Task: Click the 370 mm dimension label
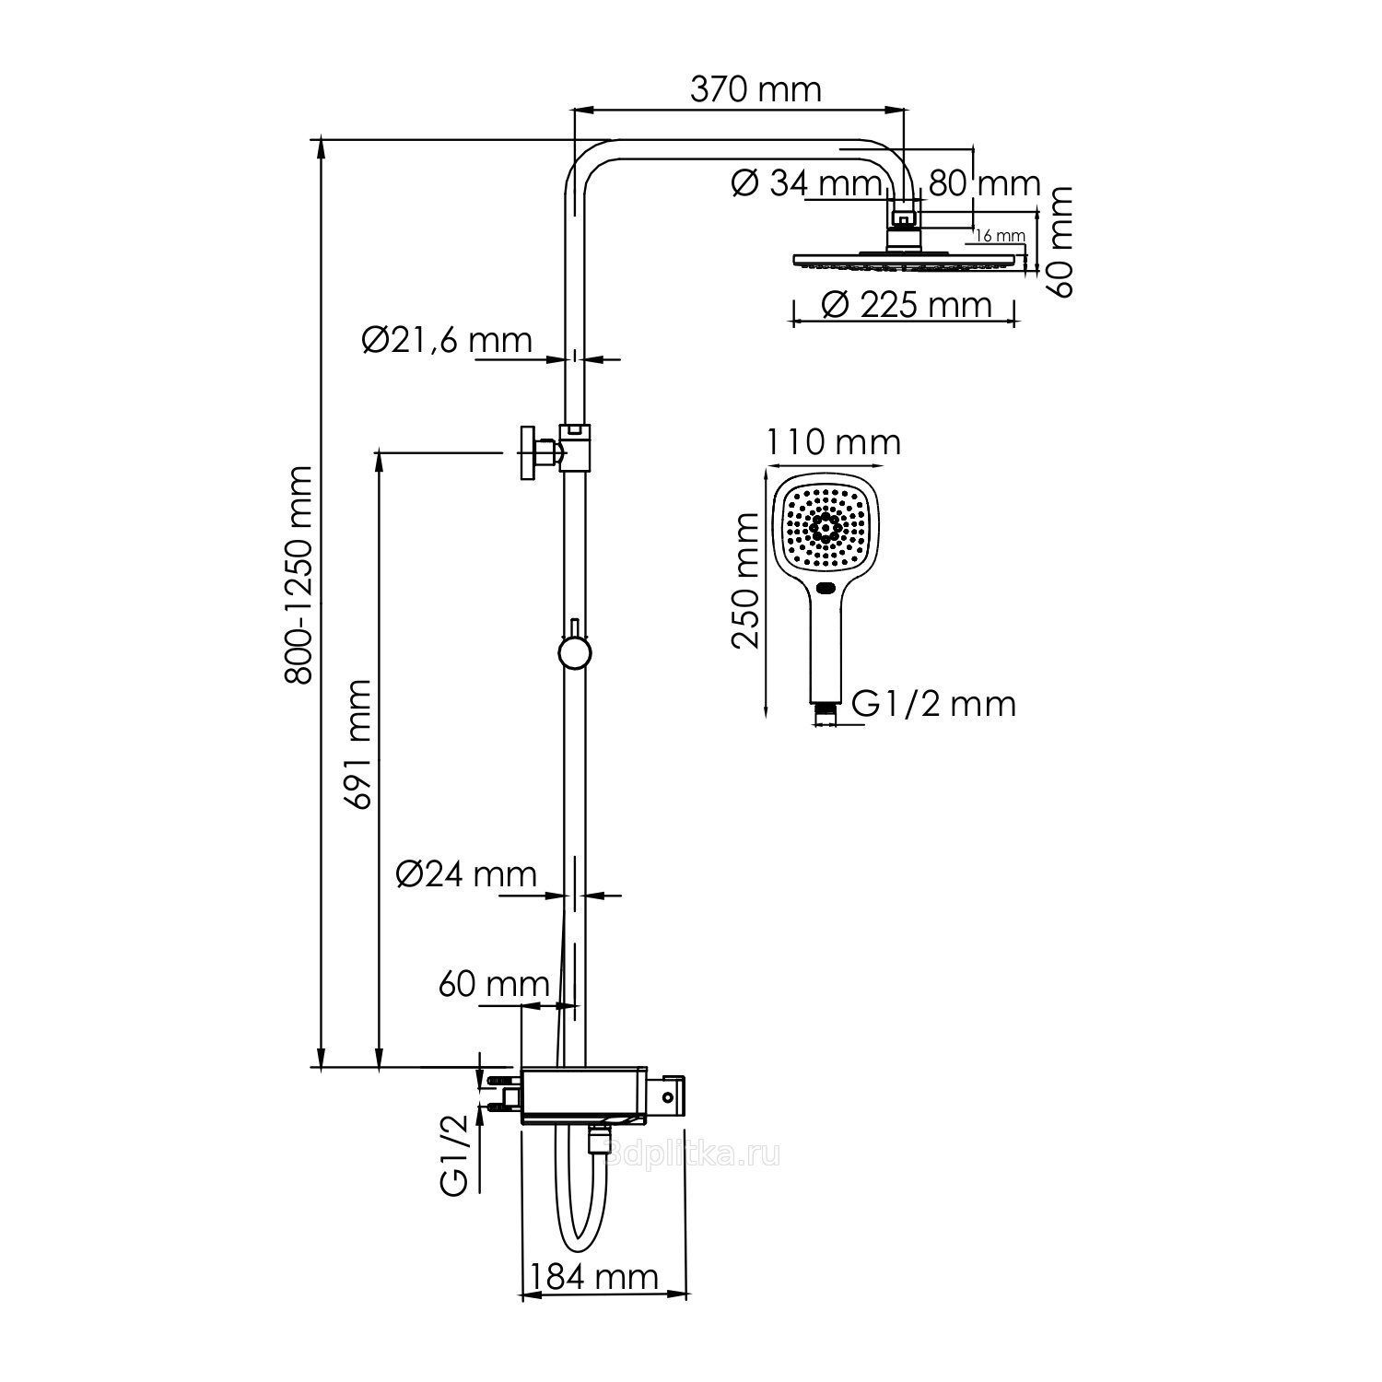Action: coord(755,90)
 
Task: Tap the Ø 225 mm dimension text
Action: coord(906,304)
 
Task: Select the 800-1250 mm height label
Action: coord(299,575)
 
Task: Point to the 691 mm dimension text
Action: coord(357,744)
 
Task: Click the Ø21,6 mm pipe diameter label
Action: coord(448,340)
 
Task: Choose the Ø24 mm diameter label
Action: coord(466,873)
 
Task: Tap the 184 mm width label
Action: coord(593,1277)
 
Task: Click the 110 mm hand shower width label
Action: coord(834,443)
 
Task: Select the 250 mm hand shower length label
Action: coord(745,581)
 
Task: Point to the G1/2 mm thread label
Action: coord(933,704)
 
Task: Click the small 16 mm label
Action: coord(1000,236)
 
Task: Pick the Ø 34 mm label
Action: coord(807,183)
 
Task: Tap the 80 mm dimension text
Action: coord(984,183)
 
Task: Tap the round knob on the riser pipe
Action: coord(574,652)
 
